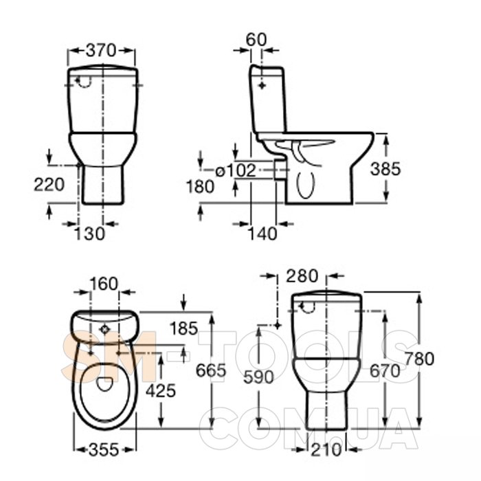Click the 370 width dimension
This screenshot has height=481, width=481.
101,50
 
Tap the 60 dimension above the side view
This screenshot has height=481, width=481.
256,40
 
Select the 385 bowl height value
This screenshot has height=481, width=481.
385,169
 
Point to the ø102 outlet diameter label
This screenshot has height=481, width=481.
236,170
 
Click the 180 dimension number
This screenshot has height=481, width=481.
201,186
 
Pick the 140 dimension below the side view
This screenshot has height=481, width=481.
262,234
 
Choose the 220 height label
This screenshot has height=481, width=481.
49,185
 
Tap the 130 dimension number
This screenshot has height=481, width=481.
90,234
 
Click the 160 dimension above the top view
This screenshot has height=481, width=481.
104,284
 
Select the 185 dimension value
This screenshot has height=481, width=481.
183,328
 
